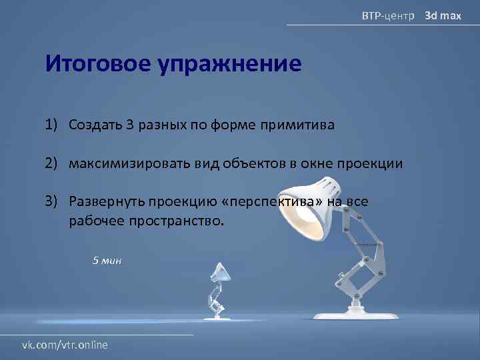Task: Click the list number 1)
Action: tap(53, 125)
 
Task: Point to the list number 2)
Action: tap(53, 163)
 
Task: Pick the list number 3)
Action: tap(53, 201)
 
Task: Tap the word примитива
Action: tap(303, 125)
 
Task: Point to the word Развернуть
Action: tap(105, 201)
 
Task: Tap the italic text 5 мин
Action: tap(107, 261)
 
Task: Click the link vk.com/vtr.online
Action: tap(65, 345)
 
